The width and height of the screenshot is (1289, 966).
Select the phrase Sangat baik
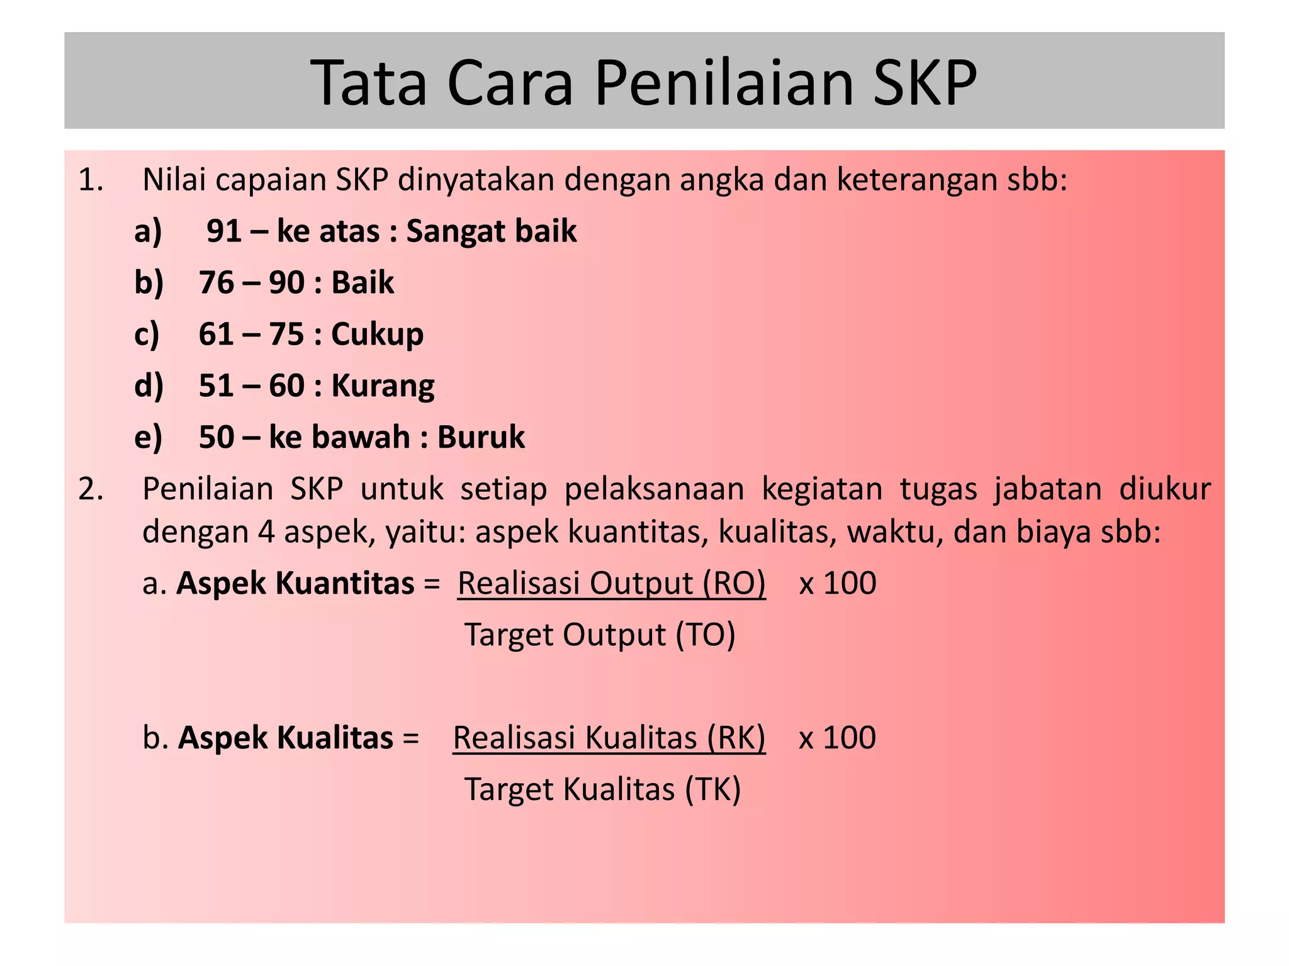pyautogui.click(x=491, y=231)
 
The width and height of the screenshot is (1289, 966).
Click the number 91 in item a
pyautogui.click(x=224, y=231)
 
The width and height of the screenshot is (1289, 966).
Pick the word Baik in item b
pyautogui.click(x=363, y=282)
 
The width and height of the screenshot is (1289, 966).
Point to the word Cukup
pyautogui.click(x=377, y=334)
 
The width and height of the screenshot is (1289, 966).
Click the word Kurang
pyautogui.click(x=383, y=386)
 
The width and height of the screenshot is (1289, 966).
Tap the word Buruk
pyautogui.click(x=481, y=437)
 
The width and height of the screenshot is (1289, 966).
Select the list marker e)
pyautogui.click(x=149, y=437)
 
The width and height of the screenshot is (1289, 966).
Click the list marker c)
pyautogui.click(x=147, y=334)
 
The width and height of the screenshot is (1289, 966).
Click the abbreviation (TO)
pyautogui.click(x=706, y=635)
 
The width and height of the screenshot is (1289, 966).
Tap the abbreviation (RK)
pyautogui.click(x=736, y=738)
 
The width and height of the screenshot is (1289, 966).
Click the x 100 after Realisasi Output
pyautogui.click(x=837, y=583)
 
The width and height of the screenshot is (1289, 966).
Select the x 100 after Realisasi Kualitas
pyautogui.click(x=837, y=738)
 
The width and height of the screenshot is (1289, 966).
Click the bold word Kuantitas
pyautogui.click(x=345, y=583)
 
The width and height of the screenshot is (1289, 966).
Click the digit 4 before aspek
pyautogui.click(x=266, y=532)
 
